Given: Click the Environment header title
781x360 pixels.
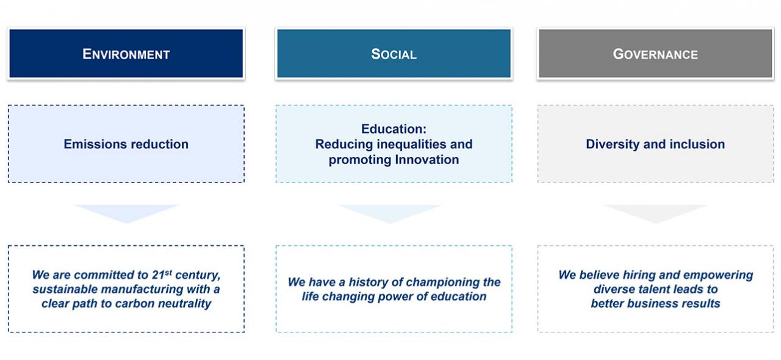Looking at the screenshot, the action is click(x=126, y=54).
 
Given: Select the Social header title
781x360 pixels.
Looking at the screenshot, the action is click(x=394, y=54).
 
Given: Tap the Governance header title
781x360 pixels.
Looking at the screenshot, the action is click(x=655, y=54).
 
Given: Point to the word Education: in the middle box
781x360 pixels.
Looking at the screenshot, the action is click(x=394, y=129).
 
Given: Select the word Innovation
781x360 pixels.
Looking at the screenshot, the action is click(x=426, y=159).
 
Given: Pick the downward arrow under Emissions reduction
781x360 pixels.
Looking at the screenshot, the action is click(x=126, y=213).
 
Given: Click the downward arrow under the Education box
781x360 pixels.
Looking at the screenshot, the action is click(x=390, y=213).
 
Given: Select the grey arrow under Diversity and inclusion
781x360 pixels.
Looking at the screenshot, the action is click(x=656, y=213).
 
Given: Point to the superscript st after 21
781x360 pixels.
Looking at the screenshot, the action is click(x=168, y=272).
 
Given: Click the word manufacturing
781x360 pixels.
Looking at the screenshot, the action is click(x=142, y=289).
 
